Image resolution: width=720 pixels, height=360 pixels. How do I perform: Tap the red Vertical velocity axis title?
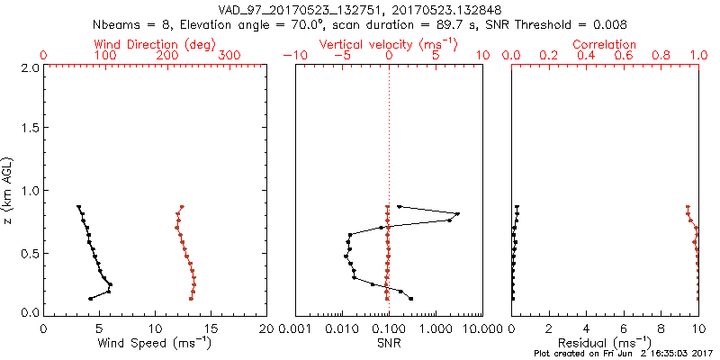pyautogui.click(x=389, y=44)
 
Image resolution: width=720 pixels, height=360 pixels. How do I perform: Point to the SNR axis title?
pyautogui.click(x=389, y=343)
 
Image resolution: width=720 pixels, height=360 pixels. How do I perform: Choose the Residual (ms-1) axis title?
pyautogui.click(x=605, y=344)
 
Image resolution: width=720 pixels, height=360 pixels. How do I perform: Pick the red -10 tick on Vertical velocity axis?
pyautogui.click(x=293, y=56)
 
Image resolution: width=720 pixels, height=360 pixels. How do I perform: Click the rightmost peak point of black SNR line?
pyautogui.click(x=458, y=214)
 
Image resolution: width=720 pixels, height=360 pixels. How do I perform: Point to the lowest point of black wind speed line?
pyautogui.click(x=90, y=299)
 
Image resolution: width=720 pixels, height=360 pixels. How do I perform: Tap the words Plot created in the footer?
pyautogui.click(x=554, y=355)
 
